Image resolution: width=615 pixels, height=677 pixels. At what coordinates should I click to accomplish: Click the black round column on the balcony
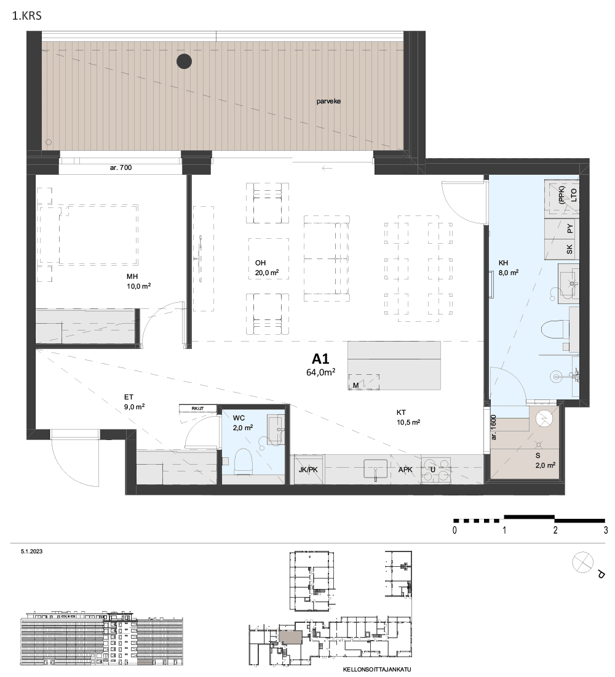coord(184,62)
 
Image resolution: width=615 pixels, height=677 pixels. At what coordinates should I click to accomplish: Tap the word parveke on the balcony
coord(328,101)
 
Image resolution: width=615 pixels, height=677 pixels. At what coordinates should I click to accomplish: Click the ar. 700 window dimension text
coord(121,167)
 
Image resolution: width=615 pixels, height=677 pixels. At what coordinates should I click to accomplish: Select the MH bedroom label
coord(132,276)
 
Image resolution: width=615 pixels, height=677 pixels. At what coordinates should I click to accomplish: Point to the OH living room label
coord(260,263)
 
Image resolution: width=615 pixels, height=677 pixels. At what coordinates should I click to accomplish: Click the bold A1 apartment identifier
coord(320,359)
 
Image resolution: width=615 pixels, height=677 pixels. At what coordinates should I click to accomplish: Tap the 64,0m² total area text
coord(321,372)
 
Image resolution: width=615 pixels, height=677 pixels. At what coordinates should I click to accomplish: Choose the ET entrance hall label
coord(129,397)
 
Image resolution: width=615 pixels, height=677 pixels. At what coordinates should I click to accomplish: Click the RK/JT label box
coord(197,408)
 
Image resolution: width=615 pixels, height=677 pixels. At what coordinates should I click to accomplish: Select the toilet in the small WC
coord(242,462)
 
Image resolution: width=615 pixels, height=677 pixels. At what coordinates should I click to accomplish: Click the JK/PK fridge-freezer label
coord(308,470)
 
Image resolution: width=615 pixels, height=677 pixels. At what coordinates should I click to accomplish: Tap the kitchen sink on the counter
coord(376,470)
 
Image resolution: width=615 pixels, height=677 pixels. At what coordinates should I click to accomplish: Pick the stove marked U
coord(436,470)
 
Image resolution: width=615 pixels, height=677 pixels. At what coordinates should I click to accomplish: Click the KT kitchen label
coord(402,412)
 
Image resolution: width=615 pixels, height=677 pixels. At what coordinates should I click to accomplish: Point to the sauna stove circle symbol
coord(544,418)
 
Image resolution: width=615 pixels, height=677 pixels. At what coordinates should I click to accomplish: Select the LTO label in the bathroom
coord(574,195)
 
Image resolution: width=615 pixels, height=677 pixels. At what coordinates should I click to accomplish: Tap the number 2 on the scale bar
coord(555,530)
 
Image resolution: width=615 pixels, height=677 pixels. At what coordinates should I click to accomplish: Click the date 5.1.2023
coord(31,551)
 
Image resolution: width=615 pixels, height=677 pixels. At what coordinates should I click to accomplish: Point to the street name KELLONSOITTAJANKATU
coord(377,670)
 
